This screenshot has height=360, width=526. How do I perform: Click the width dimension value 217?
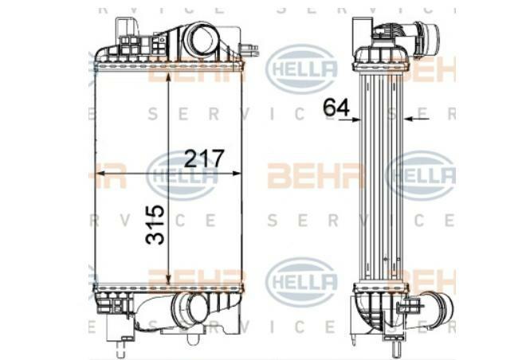tap(204, 158)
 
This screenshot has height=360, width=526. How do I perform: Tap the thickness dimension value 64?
tap(336, 107)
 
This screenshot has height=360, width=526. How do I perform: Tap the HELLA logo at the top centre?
tap(300, 68)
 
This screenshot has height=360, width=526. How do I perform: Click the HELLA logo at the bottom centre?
tap(300, 281)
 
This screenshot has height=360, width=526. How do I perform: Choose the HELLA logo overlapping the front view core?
tap(182, 175)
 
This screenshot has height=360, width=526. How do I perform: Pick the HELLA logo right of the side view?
tap(421, 175)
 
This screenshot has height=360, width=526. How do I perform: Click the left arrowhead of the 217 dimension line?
tap(100, 174)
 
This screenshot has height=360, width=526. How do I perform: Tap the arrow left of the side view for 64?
tap(350, 119)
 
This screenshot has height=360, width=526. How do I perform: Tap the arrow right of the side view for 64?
tap(410, 119)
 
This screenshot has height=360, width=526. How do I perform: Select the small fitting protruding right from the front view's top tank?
tap(252, 50)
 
